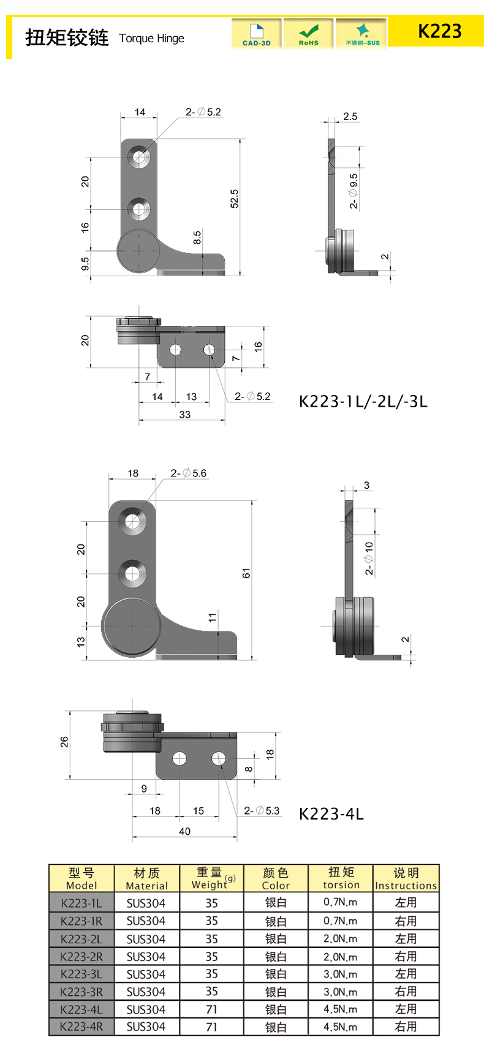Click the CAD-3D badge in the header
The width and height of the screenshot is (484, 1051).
tap(256, 34)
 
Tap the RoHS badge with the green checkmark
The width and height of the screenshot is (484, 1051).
tap(308, 34)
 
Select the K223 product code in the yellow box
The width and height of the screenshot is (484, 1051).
tap(439, 31)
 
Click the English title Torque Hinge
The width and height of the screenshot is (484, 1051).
tap(151, 38)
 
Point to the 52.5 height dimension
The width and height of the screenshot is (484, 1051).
tap(234, 198)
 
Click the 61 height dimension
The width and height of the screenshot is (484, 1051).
tap(246, 573)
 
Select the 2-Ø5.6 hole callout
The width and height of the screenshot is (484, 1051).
tap(189, 473)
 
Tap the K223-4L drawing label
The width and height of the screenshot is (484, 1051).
tap(331, 813)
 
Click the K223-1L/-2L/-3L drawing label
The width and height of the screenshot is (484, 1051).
tap(363, 401)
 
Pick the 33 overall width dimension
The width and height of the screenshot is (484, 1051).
tap(184, 415)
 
